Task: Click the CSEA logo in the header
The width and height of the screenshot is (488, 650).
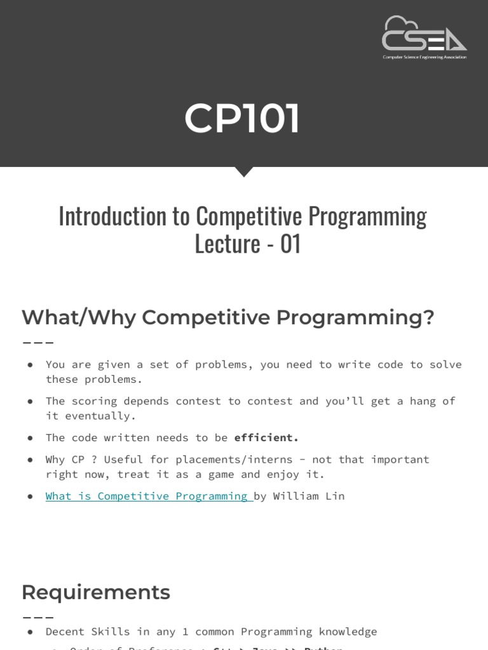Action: [424, 34]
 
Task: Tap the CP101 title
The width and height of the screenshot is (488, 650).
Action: [242, 119]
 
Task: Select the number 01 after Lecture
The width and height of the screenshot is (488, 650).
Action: [290, 244]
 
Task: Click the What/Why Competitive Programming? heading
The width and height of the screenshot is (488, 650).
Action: [227, 317]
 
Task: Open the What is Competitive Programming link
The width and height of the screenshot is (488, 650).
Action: [149, 496]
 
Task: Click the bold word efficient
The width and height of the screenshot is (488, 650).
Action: [266, 437]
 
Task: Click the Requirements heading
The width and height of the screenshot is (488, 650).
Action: [96, 592]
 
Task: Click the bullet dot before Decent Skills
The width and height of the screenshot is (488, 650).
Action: [30, 632]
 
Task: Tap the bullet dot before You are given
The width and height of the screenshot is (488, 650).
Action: [30, 364]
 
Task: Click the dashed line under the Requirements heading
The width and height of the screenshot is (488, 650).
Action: [37, 617]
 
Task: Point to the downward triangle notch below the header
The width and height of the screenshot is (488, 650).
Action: [244, 171]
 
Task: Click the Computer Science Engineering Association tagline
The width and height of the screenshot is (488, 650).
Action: [424, 57]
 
